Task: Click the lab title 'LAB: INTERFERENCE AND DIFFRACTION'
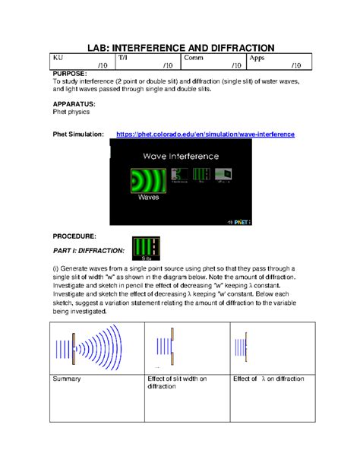(x=179, y=48)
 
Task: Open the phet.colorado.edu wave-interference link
(x=205, y=135)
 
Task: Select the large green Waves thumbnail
(x=148, y=182)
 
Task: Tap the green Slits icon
(x=146, y=249)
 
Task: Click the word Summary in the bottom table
(x=67, y=379)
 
